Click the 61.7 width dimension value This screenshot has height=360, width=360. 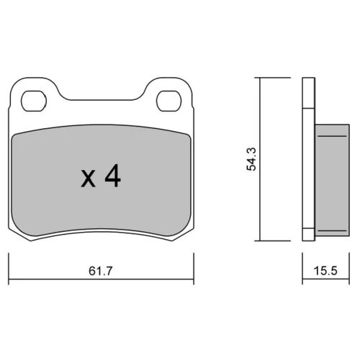[x=101, y=271]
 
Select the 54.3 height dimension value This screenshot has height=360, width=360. [x=251, y=159]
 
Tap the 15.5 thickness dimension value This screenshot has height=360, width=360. [x=325, y=271]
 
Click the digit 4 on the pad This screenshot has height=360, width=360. [x=113, y=176]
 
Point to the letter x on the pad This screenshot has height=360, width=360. [x=89, y=178]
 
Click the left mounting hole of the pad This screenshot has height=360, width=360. [x=34, y=101]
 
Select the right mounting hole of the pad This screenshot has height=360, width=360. [x=168, y=101]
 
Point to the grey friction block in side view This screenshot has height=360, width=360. [x=332, y=180]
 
